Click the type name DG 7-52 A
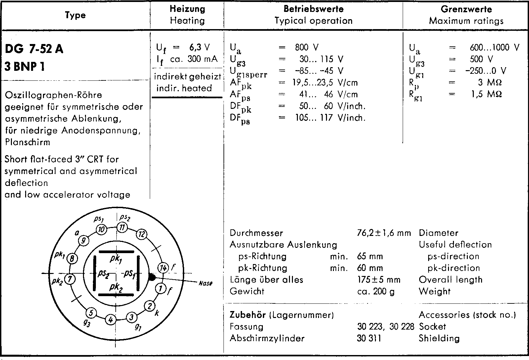tap(34, 49)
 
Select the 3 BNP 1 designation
tap(25, 67)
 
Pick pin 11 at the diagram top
tap(122, 227)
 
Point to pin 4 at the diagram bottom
tap(111, 320)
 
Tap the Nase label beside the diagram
tap(206, 283)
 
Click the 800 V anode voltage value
tap(307, 47)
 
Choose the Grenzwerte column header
tap(466, 9)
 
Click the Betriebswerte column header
tap(313, 9)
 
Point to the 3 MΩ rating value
tap(490, 82)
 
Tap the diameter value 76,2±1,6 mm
tap(384, 233)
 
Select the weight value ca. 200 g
tap(376, 292)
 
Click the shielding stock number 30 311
tap(369, 338)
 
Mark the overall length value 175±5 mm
tap(379, 280)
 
